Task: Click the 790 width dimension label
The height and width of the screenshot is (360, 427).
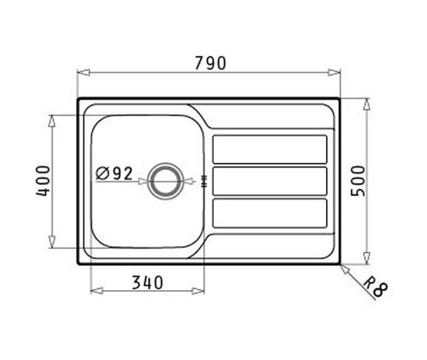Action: (x=209, y=62)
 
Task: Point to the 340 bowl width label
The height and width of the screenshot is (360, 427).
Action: (x=148, y=281)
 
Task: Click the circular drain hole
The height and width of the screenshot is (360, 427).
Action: (x=163, y=180)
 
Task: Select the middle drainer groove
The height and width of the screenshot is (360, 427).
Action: (x=269, y=180)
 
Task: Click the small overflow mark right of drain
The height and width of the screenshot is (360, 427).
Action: (x=204, y=180)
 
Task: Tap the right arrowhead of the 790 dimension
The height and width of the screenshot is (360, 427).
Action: (x=337, y=73)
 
